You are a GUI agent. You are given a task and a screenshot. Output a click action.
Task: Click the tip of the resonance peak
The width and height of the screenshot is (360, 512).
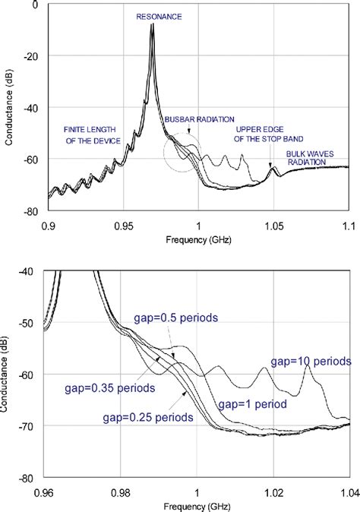[x=153, y=25]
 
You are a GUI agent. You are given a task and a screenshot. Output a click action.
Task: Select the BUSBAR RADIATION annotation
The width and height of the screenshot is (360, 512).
[x=200, y=119]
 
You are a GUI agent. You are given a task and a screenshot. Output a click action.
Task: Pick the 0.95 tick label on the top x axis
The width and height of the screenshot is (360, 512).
[x=123, y=226]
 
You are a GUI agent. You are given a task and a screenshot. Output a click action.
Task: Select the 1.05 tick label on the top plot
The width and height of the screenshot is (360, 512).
[x=273, y=226]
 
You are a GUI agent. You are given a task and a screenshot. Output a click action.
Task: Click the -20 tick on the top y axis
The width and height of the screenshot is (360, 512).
[x=33, y=56]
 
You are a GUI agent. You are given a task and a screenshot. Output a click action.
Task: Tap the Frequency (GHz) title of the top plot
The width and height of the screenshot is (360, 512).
[x=198, y=239]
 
